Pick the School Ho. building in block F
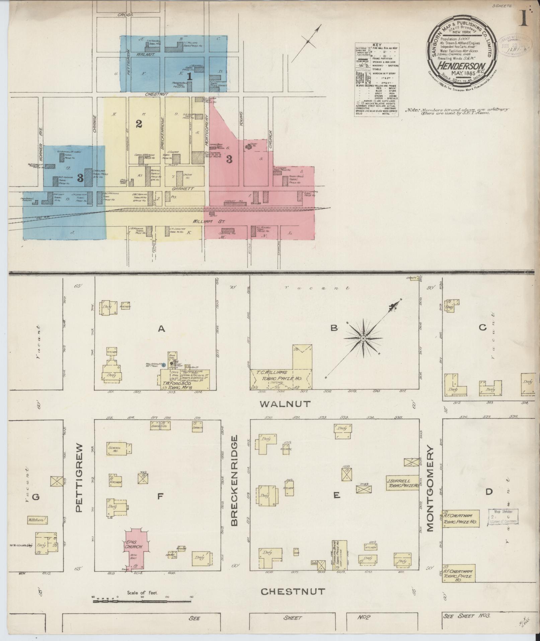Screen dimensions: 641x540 pyautogui.click(x=117, y=449)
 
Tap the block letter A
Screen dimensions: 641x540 pyautogui.click(x=161, y=329)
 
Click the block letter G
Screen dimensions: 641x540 pyautogui.click(x=35, y=497)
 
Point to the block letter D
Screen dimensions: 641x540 pyautogui.click(x=489, y=492)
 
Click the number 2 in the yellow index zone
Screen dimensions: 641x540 pyautogui.click(x=139, y=124)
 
